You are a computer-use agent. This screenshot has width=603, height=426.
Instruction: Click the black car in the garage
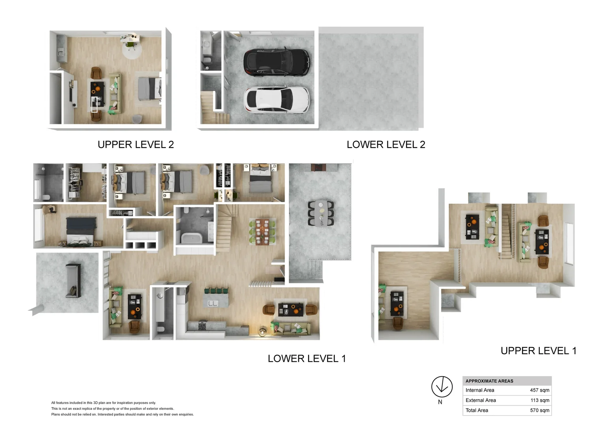point(277,63)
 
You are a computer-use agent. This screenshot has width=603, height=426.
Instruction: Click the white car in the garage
point(276,100)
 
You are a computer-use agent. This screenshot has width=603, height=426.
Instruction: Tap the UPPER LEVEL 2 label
point(135,145)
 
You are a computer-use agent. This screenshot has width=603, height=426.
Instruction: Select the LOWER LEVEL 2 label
point(386,145)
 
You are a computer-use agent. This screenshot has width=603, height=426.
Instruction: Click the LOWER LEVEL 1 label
point(307,359)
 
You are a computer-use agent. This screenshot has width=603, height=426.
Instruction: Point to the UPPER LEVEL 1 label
point(538,351)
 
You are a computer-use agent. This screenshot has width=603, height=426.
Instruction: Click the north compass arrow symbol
point(442,387)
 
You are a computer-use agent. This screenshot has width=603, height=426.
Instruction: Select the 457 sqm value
point(539,390)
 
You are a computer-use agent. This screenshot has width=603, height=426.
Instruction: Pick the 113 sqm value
point(540,400)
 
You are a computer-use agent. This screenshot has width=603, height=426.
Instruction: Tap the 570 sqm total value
point(539,410)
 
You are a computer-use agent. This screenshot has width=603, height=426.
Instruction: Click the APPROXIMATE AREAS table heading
point(489,381)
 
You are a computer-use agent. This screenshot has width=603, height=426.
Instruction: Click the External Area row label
point(481,400)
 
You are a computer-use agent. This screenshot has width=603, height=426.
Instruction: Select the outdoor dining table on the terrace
point(321,213)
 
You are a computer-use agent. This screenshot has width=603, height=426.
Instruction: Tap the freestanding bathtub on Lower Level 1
point(191,238)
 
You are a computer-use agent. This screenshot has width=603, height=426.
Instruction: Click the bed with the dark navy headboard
point(81,231)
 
